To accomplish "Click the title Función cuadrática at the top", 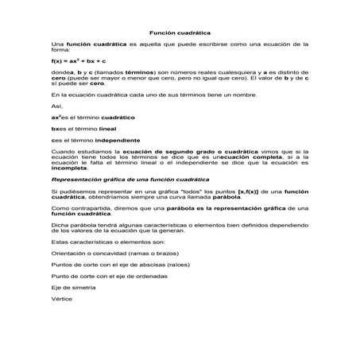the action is (x=180, y=32).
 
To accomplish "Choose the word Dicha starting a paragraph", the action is (x=59, y=226).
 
